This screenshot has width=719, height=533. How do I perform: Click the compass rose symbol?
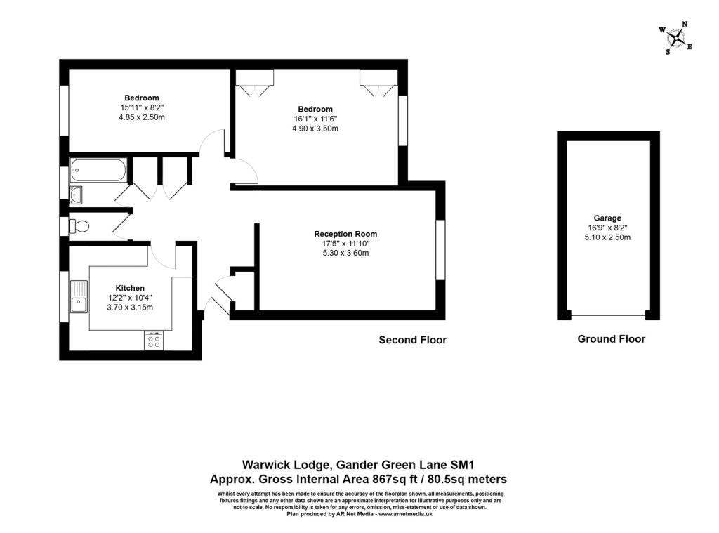click(676, 38)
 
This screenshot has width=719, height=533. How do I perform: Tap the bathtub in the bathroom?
click(98, 170)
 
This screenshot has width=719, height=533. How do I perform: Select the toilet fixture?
click(79, 226)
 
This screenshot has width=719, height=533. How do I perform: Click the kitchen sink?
click(79, 296)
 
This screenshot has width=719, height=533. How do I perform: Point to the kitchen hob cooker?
click(154, 341)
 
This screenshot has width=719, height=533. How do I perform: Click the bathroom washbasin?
click(76, 195)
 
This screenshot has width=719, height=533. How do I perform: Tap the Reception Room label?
click(345, 234)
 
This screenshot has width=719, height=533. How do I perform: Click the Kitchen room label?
click(130, 288)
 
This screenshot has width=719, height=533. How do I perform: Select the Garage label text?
click(607, 218)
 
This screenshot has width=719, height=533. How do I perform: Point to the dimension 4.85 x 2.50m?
click(142, 117)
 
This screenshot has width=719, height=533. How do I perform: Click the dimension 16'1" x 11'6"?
click(315, 119)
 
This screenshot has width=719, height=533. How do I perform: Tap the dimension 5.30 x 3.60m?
click(345, 254)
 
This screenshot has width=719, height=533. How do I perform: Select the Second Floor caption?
click(413, 340)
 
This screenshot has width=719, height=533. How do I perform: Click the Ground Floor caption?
click(612, 339)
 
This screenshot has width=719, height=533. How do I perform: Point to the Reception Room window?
click(440, 249)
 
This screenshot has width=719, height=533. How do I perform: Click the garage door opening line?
click(608, 315)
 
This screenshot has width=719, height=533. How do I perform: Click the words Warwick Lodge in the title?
click(286, 465)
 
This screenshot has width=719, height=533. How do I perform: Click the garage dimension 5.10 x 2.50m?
click(607, 237)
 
